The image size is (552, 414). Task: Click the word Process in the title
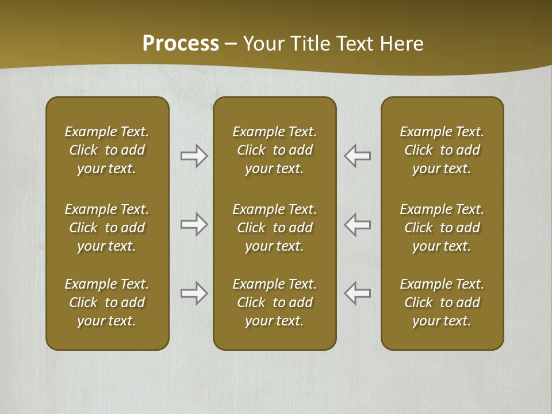pyautogui.click(x=181, y=43)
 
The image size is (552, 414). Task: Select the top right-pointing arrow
pyautogui.click(x=194, y=156)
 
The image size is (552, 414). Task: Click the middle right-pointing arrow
pyautogui.click(x=194, y=224)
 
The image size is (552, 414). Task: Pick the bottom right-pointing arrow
pyautogui.click(x=194, y=293)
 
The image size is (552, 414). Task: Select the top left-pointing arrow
pyautogui.click(x=358, y=156)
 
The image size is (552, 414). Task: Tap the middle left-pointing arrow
pyautogui.click(x=358, y=224)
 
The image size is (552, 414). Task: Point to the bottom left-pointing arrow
pyautogui.click(x=358, y=293)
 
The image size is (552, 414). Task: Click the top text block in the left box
pyautogui.click(x=107, y=150)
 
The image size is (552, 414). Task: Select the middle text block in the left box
pyautogui.click(x=107, y=228)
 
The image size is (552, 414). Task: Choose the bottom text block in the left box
pyautogui.click(x=107, y=302)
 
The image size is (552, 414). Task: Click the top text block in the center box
pyautogui.click(x=274, y=150)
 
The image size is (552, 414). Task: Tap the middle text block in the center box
pyautogui.click(x=274, y=228)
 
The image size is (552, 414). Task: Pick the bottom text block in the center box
pyautogui.click(x=274, y=302)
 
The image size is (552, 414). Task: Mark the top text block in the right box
pyautogui.click(x=442, y=150)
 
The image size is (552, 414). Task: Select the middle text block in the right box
pyautogui.click(x=442, y=228)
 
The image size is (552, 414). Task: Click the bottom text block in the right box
pyautogui.click(x=442, y=302)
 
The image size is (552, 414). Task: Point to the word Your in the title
pyautogui.click(x=263, y=43)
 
